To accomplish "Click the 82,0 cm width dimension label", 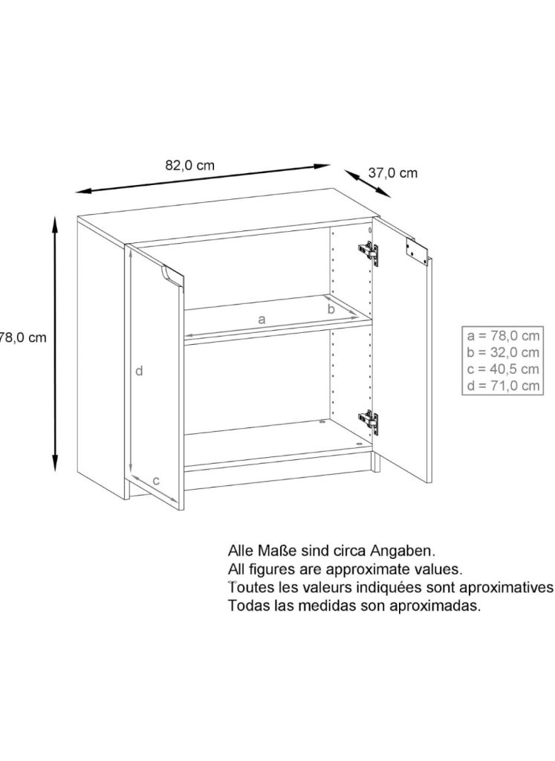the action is (x=189, y=166).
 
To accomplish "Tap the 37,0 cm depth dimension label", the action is (x=392, y=172).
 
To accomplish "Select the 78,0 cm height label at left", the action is (x=23, y=337).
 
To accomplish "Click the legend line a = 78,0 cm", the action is (x=503, y=335).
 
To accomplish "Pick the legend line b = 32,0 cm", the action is (x=503, y=352).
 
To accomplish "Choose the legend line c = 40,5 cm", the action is (x=503, y=369).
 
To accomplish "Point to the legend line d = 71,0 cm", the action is (x=503, y=386).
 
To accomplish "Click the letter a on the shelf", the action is (x=262, y=320).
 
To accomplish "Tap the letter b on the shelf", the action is (x=331, y=308).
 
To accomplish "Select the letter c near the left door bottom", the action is (x=156, y=482).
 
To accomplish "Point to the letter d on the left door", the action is (x=139, y=372).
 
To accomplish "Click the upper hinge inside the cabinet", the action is (x=369, y=253).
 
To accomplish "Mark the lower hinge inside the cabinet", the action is (x=369, y=421).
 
